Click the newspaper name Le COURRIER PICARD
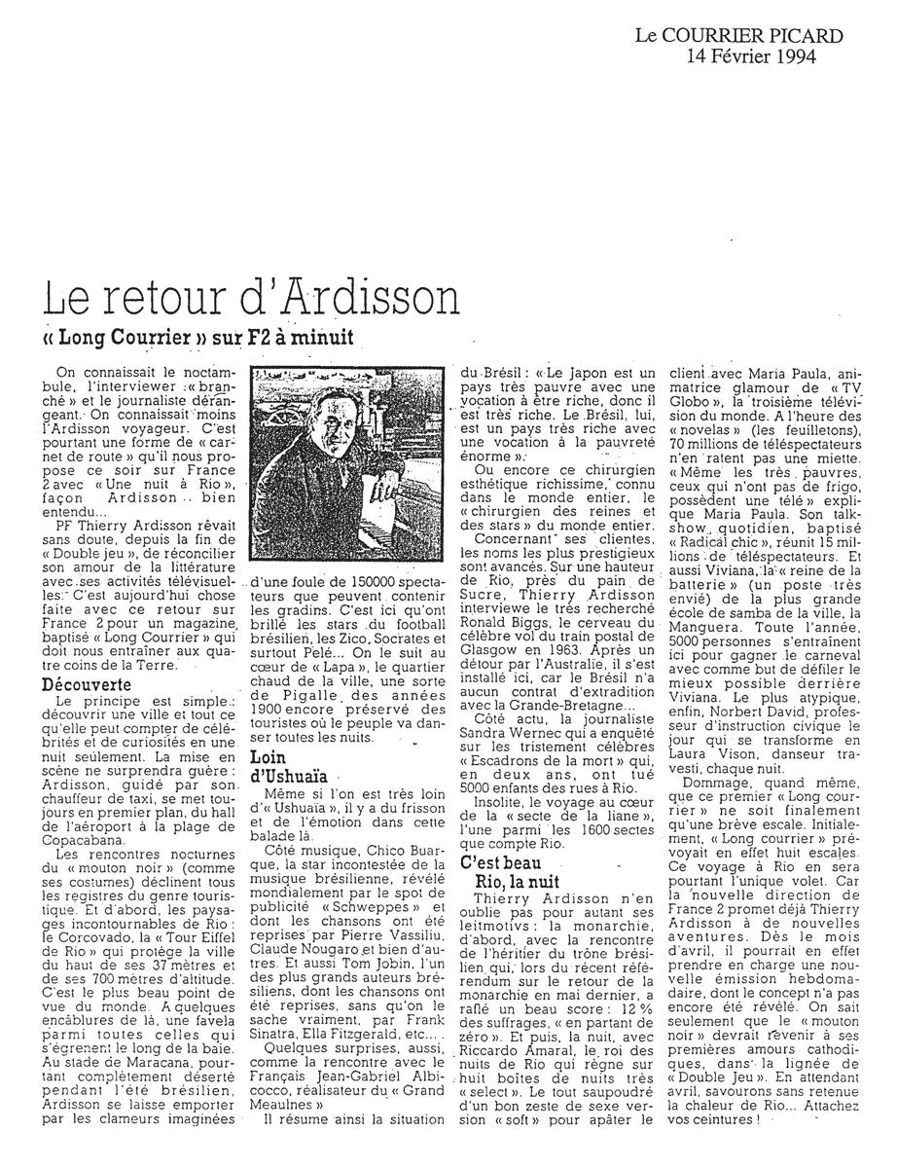click(x=738, y=36)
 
